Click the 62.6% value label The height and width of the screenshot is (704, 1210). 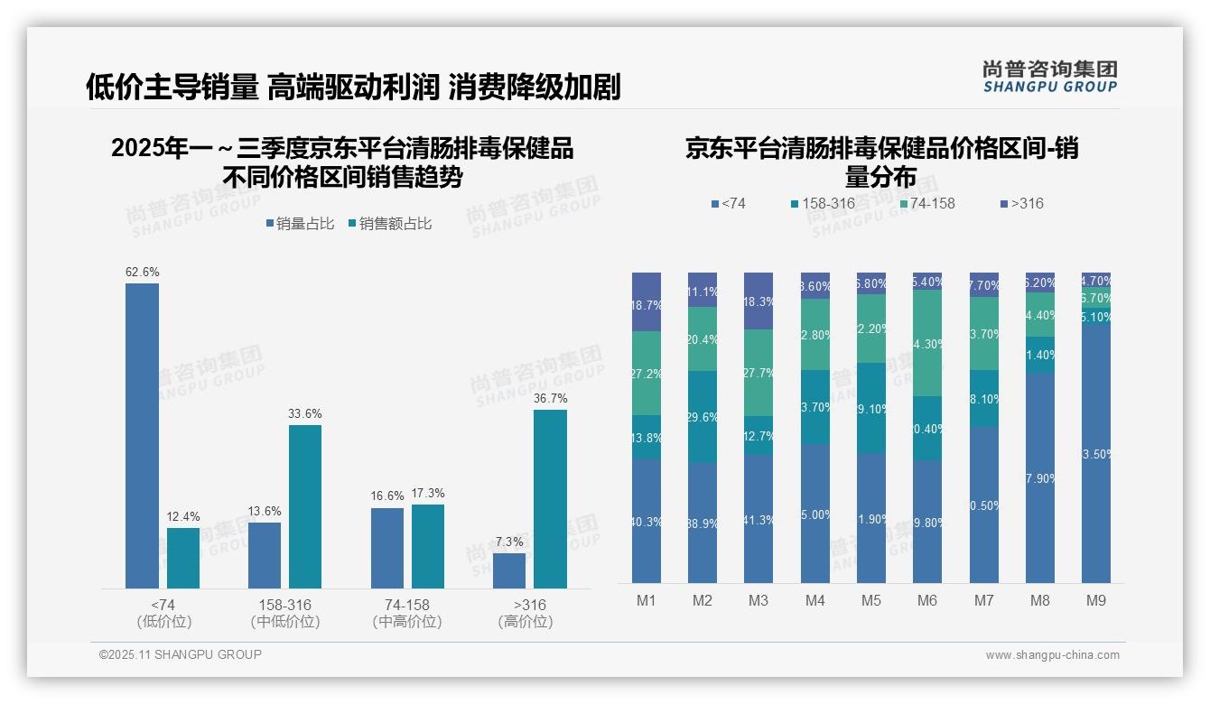(x=142, y=272)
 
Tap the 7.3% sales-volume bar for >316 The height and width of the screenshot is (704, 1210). (x=509, y=570)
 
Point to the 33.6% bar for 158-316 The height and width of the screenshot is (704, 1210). (x=305, y=506)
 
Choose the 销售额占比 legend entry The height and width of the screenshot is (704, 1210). (x=389, y=224)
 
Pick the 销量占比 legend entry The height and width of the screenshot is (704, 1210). (x=299, y=224)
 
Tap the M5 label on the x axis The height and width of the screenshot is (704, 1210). (x=871, y=600)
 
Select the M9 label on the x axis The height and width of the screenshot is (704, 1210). (x=1095, y=600)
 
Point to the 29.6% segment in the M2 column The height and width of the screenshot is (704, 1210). (x=703, y=416)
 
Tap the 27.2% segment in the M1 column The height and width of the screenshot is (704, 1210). (x=647, y=373)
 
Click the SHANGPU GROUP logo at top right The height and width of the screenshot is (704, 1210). (x=1050, y=77)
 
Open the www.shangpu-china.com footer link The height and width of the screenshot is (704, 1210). (x=1052, y=655)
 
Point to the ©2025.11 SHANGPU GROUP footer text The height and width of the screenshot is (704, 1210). (x=181, y=654)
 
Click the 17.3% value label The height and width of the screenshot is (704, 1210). (x=428, y=493)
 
